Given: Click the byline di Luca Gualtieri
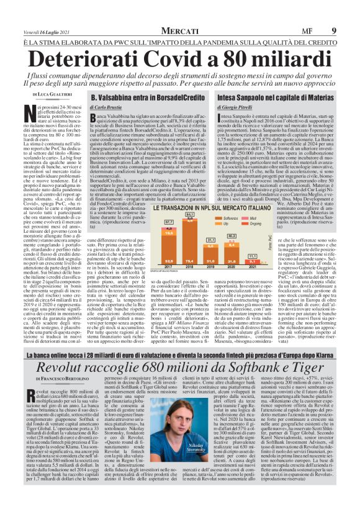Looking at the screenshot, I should click(x=55, y=94).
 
